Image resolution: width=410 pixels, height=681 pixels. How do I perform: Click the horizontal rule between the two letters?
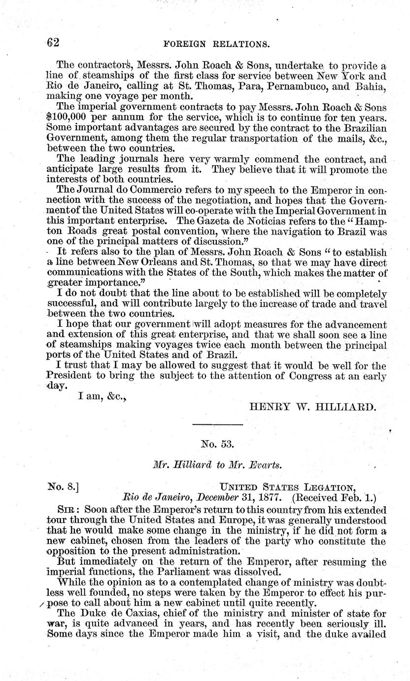217,424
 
